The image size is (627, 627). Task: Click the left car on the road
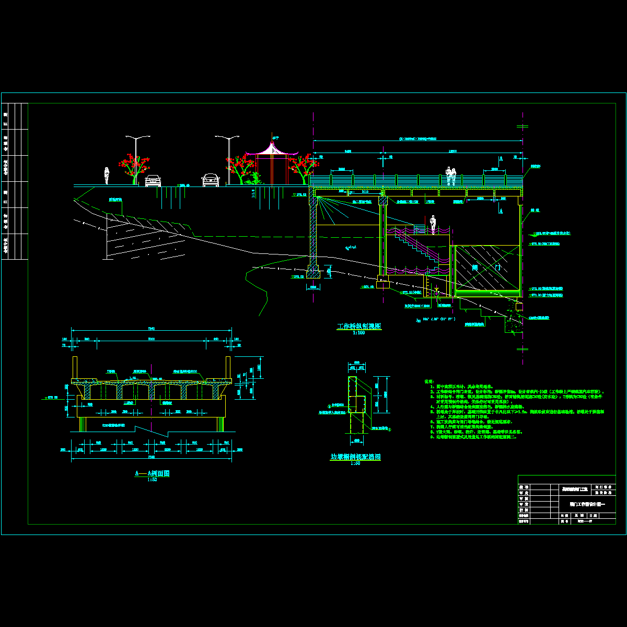tap(153, 180)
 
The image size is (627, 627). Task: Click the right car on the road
tap(210, 180)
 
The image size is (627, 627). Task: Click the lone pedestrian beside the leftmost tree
tap(107, 176)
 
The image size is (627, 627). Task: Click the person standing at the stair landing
tap(433, 225)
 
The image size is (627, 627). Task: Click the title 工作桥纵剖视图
tap(359, 326)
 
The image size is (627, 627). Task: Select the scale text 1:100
tap(358, 332)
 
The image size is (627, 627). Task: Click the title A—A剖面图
tap(153, 473)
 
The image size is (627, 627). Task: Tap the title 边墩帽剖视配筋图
tap(355, 457)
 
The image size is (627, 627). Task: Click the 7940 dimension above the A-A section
tap(152, 328)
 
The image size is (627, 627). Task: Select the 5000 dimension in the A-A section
tap(151, 339)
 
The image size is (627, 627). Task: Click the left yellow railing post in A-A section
tap(75, 367)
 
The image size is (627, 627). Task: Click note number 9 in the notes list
tap(432, 437)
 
